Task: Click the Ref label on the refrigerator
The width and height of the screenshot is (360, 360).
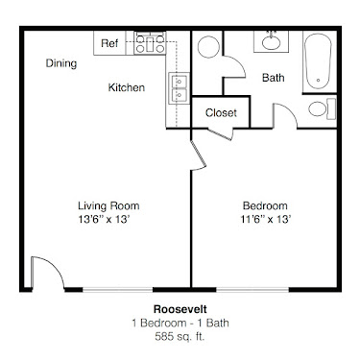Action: [109, 43]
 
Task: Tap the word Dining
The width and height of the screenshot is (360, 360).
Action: [61, 63]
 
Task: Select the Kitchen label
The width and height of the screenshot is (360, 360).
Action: [127, 87]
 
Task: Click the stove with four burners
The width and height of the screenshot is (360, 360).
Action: [150, 42]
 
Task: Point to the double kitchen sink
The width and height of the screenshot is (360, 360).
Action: [179, 88]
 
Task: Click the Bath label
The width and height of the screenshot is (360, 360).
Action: [273, 78]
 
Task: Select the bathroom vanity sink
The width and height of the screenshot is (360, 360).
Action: [271, 41]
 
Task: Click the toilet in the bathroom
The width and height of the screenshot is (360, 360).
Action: [322, 108]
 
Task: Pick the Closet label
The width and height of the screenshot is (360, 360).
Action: [221, 112]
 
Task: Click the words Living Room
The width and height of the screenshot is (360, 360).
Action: [108, 205]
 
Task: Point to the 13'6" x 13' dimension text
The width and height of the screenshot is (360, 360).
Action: [104, 219]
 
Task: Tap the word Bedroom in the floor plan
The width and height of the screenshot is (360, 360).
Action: [265, 205]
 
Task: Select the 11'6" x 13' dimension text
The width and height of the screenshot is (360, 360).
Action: [266, 219]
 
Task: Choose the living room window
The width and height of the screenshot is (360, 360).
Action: [118, 290]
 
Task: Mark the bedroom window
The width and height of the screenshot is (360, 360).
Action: [252, 290]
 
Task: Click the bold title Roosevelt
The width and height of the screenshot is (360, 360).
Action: [180, 309]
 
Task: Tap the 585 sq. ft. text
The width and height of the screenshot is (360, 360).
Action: [180, 336]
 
